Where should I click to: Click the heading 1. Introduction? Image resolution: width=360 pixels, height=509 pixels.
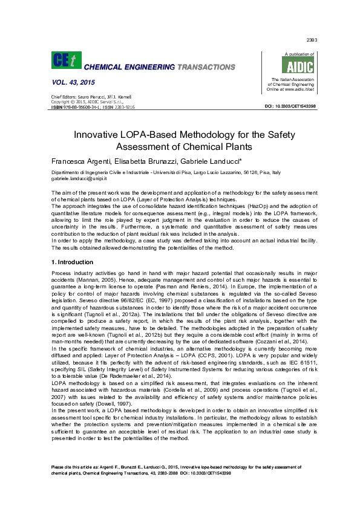(72, 262)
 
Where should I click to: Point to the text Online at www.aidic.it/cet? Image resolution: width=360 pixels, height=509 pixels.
(290, 89)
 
